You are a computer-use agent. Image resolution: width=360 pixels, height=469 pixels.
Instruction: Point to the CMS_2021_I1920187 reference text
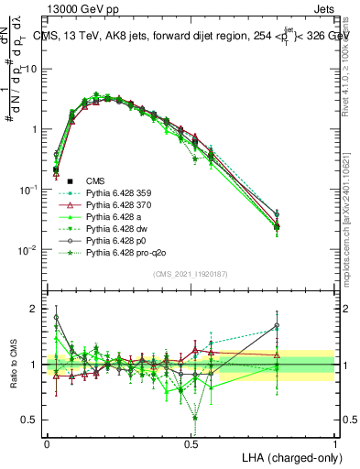tap(191, 272)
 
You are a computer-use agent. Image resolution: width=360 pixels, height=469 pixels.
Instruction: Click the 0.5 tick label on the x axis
tap(191, 442)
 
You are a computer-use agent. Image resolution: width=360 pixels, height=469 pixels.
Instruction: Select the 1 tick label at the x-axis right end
tap(334, 442)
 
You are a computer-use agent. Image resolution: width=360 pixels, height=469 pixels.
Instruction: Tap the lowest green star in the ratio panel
tap(195, 418)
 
